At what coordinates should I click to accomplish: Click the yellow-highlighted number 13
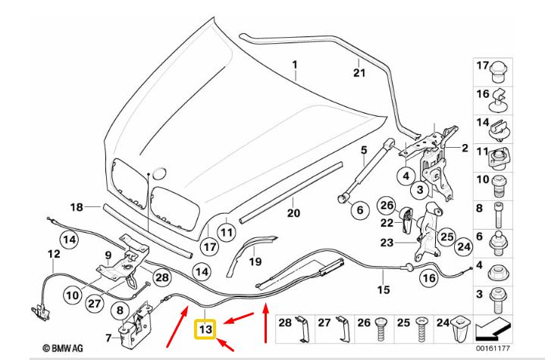(206, 330)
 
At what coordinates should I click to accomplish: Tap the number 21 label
(359, 73)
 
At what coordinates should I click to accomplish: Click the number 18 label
(77, 207)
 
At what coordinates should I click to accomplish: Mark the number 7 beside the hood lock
(108, 337)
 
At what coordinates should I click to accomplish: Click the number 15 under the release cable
(384, 290)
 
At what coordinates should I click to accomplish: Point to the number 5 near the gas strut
(364, 149)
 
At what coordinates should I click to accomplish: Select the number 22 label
(387, 223)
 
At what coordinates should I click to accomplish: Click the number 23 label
(387, 243)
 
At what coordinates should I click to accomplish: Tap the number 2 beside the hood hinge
(465, 149)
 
